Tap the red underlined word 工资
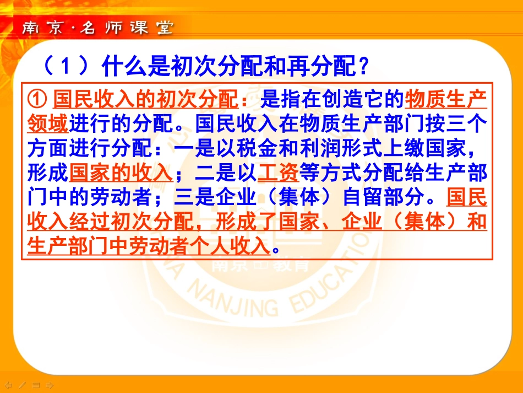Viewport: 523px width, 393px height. tap(278, 173)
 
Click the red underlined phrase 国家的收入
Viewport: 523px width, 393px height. tap(121, 173)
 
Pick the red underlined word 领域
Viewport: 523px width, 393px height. tap(47, 124)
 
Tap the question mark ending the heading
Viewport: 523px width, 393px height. tap(362, 67)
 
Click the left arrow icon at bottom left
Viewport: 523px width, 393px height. tap(8, 385)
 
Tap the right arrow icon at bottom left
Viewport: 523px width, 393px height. tap(48, 385)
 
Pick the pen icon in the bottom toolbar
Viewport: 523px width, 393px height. tap(21, 385)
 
